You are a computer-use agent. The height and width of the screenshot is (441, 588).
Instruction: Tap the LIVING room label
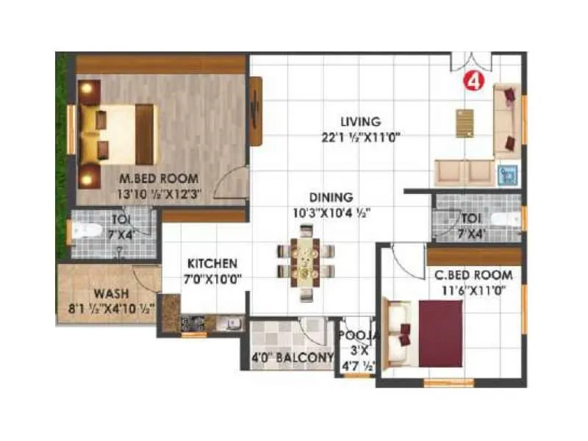point(360,121)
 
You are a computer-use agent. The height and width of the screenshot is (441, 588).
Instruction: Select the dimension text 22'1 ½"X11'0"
point(360,136)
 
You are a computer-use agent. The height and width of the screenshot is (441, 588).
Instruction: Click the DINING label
point(331,197)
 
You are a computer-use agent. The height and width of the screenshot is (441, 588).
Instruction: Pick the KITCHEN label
point(212,263)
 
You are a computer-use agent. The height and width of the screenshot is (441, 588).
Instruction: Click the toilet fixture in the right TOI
point(503,219)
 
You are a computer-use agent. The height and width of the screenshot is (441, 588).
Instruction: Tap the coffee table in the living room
point(464,123)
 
